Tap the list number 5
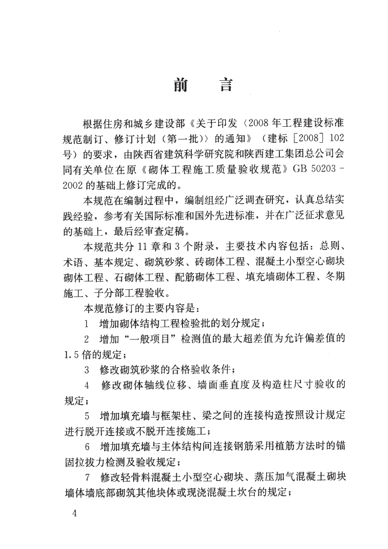tap(87, 415)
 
